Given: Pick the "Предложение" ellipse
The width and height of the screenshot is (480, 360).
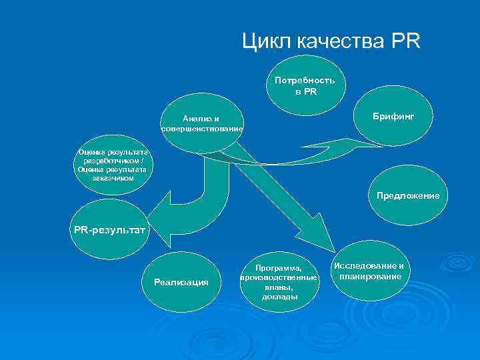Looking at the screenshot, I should (407, 196).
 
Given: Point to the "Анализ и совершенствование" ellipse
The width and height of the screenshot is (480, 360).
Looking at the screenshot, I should (201, 123).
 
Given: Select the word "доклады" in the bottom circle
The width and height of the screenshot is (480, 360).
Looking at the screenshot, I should (281, 297).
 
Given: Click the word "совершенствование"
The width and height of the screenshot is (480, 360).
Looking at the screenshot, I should (202, 128).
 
